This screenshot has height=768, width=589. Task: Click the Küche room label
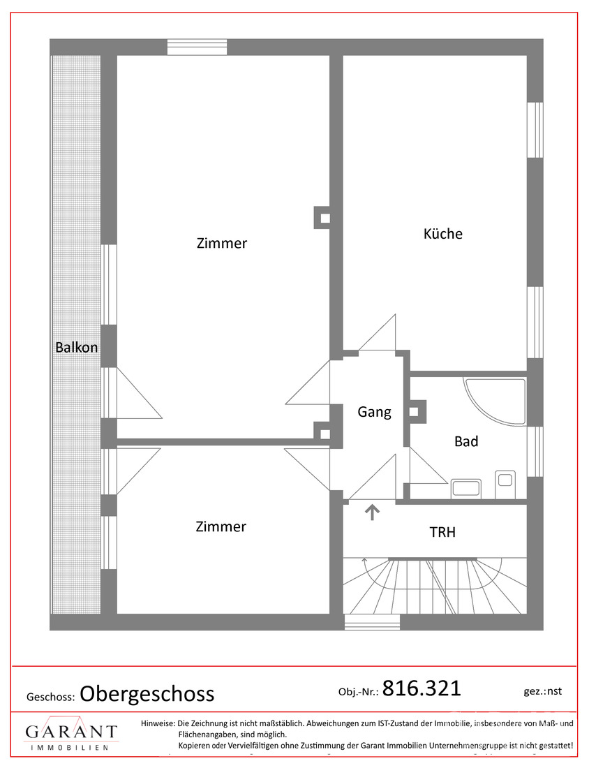442,234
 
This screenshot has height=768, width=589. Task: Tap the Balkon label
77,347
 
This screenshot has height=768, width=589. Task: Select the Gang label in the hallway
374,412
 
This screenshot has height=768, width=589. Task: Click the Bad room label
465,441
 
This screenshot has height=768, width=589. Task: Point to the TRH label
442,532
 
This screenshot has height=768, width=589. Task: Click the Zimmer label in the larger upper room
221,244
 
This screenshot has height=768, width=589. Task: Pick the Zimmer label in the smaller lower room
221,526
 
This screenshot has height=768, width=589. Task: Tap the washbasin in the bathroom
464,489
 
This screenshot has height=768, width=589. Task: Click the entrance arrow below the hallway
373,513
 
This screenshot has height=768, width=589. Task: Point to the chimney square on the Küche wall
324,217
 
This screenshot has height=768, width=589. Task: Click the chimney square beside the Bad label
417,413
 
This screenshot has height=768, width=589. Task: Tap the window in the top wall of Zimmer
197,47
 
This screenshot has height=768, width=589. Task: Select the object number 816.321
422,688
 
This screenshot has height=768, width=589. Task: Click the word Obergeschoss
147,693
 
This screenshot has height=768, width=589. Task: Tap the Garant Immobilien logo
71,734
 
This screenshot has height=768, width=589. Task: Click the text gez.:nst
542,691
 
